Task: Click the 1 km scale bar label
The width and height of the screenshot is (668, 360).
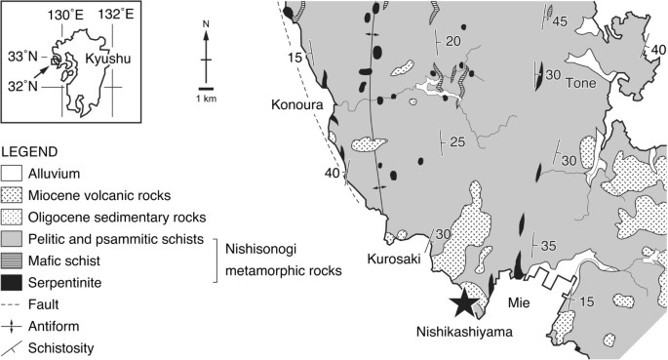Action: point(208,100)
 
